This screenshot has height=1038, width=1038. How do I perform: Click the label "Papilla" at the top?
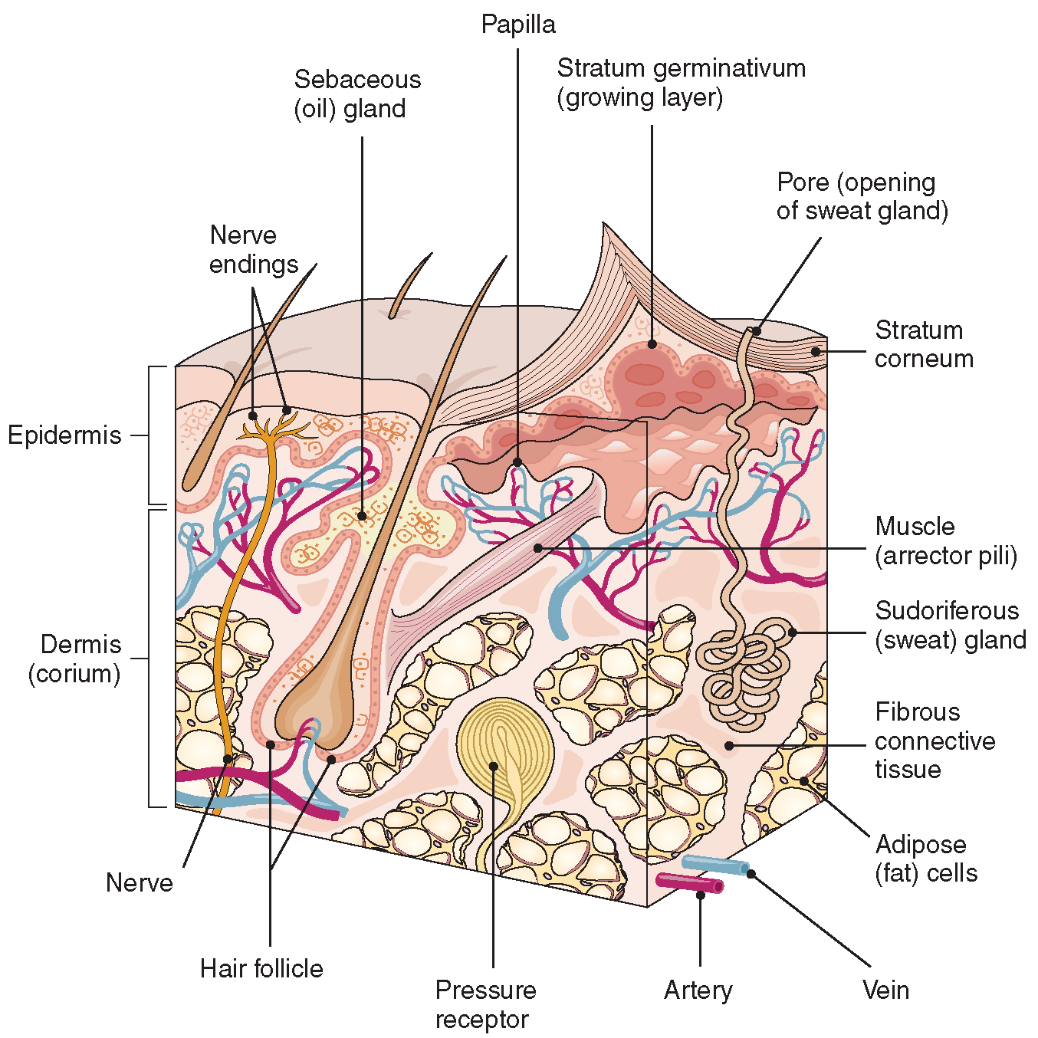(518, 25)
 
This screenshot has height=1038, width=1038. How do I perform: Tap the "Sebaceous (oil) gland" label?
(357, 94)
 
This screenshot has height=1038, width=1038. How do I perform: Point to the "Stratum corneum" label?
(924, 344)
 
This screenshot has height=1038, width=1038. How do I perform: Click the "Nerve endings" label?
(253, 249)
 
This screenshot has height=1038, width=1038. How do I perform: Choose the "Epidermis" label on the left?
(64, 435)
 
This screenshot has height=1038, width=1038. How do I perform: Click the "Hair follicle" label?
(261, 968)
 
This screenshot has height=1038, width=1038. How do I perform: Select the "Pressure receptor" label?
(485, 1004)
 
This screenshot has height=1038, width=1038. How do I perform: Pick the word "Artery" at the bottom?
(698, 990)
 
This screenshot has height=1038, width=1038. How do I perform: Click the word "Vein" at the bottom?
(885, 990)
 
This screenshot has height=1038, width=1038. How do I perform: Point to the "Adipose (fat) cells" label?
(926, 859)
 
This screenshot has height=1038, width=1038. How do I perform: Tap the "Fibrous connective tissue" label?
(935, 741)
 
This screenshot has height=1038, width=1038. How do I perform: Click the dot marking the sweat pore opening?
(756, 331)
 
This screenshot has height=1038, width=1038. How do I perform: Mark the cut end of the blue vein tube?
(744, 869)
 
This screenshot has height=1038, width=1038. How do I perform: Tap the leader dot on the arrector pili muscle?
(538, 547)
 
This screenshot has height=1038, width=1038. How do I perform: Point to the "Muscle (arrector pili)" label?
(946, 540)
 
